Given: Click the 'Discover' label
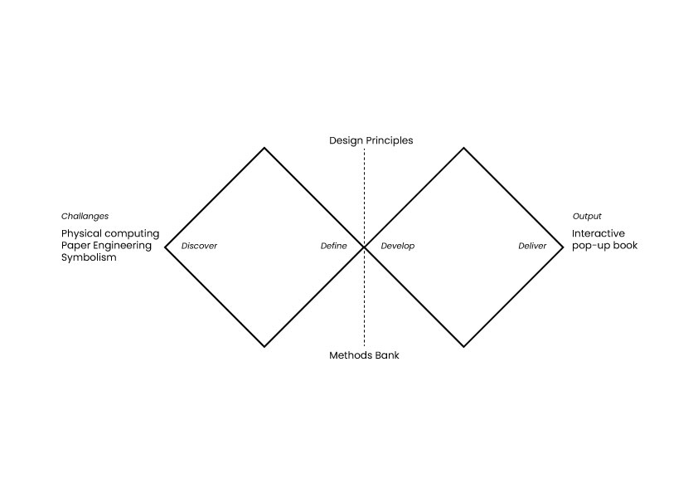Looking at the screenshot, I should [199, 247].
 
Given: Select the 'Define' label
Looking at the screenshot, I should [334, 247].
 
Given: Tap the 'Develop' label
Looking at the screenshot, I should [398, 247].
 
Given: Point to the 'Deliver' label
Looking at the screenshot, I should [532, 247].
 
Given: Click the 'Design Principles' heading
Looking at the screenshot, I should [371, 140].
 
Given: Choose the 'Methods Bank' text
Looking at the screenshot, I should [364, 355].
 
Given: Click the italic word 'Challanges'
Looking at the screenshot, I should [85, 217].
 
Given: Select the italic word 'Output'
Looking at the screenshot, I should [587, 217].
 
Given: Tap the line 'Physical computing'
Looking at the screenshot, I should [110, 234].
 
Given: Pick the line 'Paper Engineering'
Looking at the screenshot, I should [106, 246].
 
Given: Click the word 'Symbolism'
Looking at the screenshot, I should [89, 257].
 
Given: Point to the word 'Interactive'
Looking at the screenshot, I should [599, 234].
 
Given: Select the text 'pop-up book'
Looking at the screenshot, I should [604, 246].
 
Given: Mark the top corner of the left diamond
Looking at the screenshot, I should [264, 148].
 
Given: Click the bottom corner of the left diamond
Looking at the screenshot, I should [264, 346].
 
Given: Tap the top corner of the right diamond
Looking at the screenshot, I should [463, 148].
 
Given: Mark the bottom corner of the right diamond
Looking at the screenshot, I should [463, 346].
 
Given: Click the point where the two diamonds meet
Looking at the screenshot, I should [364, 247].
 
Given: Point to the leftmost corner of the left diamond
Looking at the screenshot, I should [166, 247].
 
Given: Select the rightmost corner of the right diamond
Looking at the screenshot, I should [563, 247].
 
